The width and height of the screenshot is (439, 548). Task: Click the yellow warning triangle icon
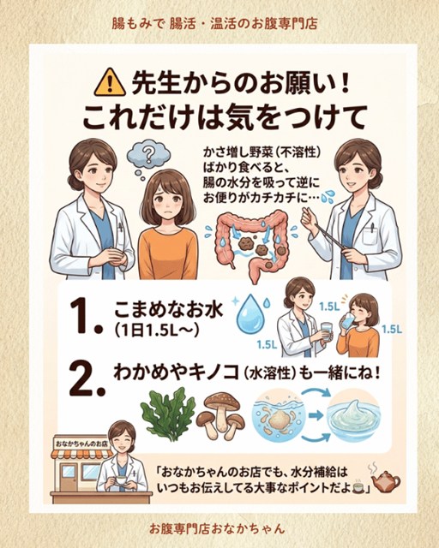tap(110, 83)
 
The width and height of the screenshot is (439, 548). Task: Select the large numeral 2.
tap(87, 378)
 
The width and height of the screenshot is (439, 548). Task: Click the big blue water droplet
tap(250, 313)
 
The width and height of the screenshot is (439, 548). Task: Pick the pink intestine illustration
tap(251, 241)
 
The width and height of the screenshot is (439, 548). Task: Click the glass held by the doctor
tap(327, 332)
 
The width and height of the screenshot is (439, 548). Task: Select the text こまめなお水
tap(168, 309)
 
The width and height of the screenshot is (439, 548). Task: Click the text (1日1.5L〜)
tap(157, 330)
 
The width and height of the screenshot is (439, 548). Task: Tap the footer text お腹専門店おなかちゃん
tap(217, 528)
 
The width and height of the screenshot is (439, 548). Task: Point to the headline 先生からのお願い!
tap(240, 84)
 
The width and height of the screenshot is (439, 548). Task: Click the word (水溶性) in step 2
tap(268, 373)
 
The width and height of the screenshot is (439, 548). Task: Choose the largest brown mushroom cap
tap(222, 402)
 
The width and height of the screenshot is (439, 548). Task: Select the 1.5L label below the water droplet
tap(268, 345)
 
